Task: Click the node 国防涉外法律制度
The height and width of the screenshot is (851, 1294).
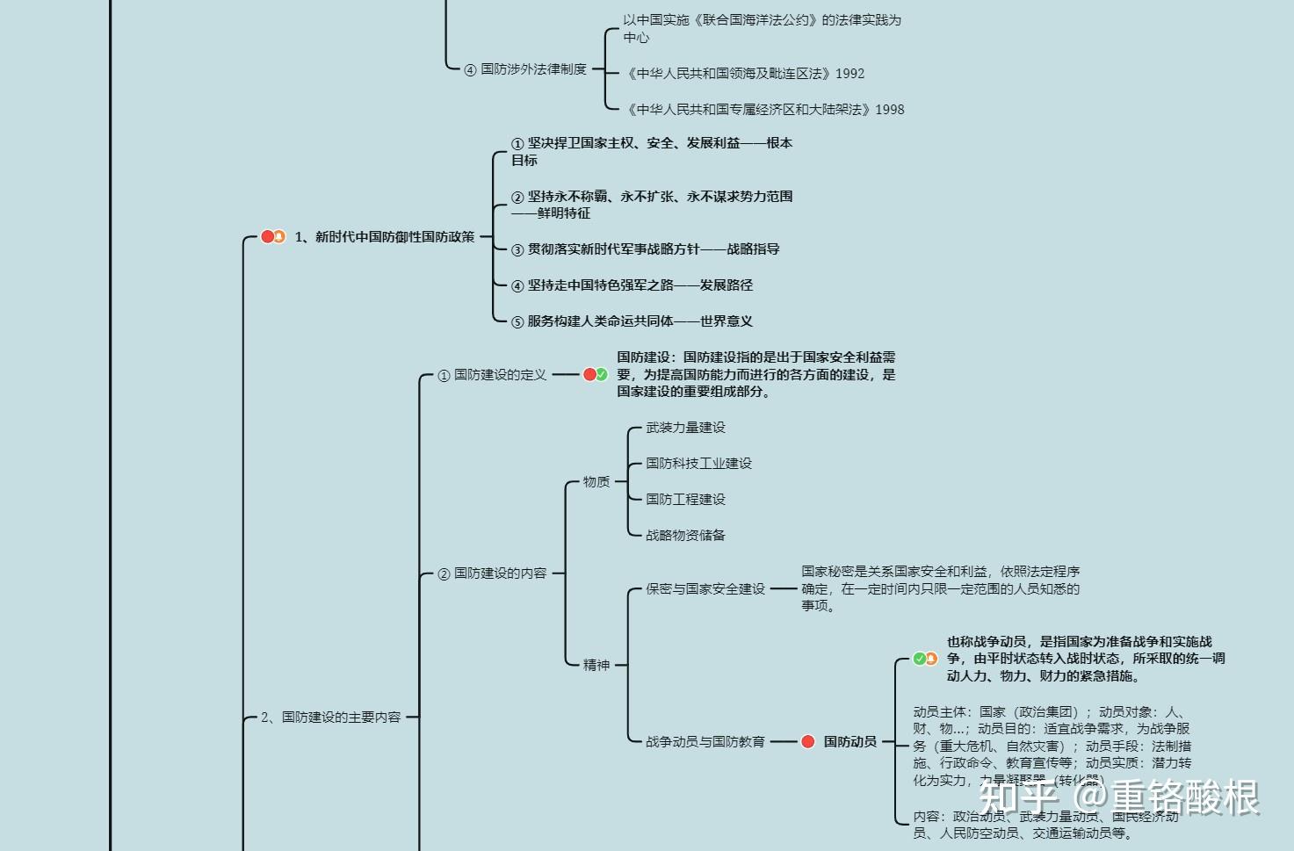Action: pyautogui.click(x=533, y=69)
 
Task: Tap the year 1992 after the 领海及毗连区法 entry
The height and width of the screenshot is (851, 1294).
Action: pyautogui.click(x=849, y=74)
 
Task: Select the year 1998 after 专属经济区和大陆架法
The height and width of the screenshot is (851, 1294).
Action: pyautogui.click(x=889, y=110)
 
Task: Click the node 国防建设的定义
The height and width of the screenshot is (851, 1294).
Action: pyautogui.click(x=500, y=375)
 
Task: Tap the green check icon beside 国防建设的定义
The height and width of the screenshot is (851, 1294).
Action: pyautogui.click(x=602, y=375)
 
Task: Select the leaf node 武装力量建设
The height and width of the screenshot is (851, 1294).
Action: pyautogui.click(x=685, y=428)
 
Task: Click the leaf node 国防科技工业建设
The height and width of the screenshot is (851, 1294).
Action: pyautogui.click(x=698, y=464)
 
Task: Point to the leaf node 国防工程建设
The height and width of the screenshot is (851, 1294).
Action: pyautogui.click(x=685, y=500)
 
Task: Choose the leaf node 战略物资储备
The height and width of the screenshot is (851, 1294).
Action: pyautogui.click(x=685, y=536)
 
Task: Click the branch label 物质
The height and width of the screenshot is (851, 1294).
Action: pyautogui.click(x=596, y=482)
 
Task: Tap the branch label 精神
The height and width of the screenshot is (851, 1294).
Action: pyautogui.click(x=596, y=665)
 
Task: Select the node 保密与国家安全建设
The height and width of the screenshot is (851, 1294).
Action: pyautogui.click(x=705, y=589)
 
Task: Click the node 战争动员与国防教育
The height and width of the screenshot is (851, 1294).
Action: pyautogui.click(x=705, y=742)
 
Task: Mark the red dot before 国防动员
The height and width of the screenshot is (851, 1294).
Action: pyautogui.click(x=808, y=742)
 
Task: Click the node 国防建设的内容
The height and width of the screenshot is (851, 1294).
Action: pyautogui.click(x=500, y=573)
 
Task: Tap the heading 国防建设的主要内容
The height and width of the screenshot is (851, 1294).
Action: pyautogui.click(x=331, y=718)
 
